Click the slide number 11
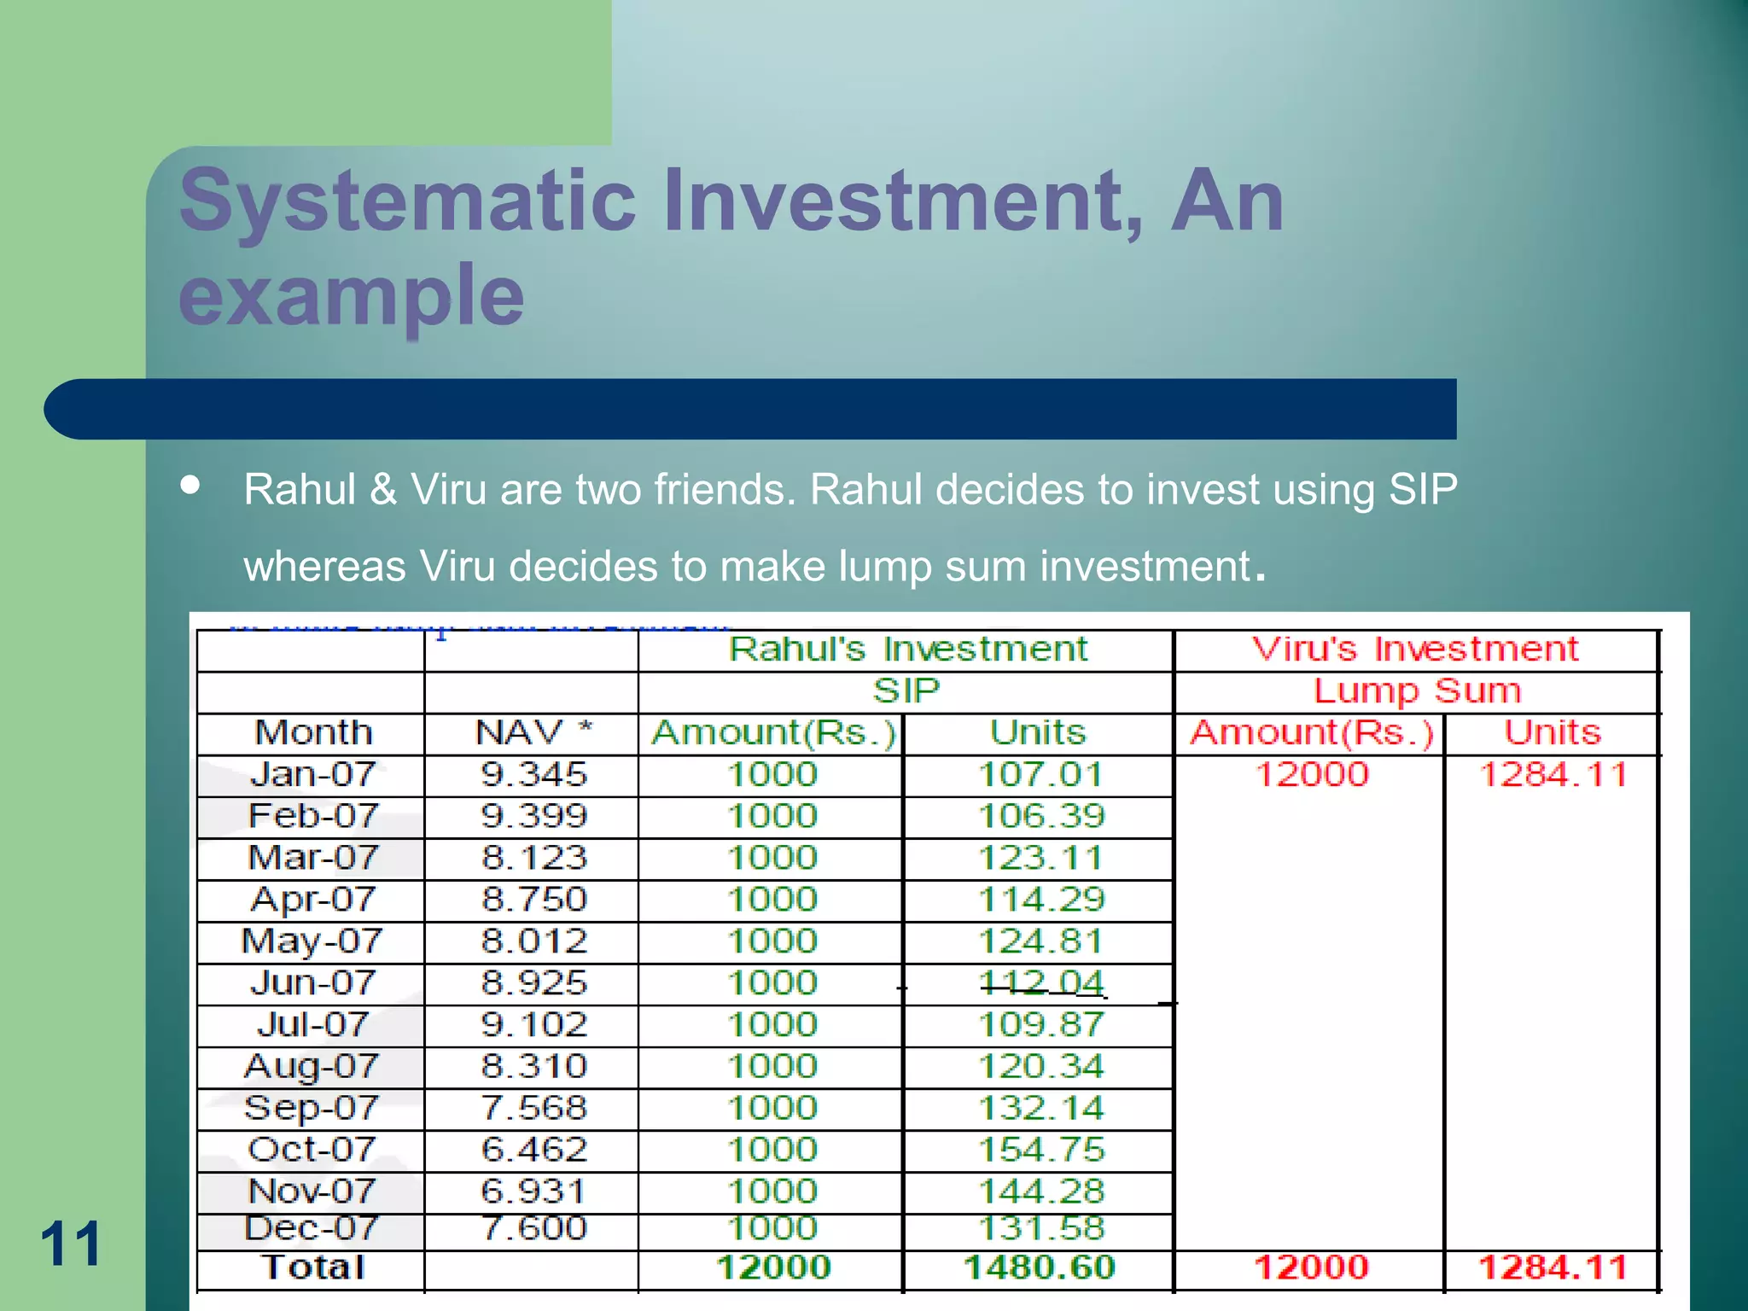(71, 1244)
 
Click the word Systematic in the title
(408, 201)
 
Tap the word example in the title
(352, 295)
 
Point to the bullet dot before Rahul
(190, 486)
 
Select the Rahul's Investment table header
(907, 650)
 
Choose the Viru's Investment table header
(1415, 650)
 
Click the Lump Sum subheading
(1417, 690)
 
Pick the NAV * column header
(533, 732)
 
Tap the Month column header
(313, 732)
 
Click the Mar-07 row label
(312, 858)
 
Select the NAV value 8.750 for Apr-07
(534, 900)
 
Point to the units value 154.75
(1040, 1150)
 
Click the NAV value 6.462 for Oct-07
(534, 1150)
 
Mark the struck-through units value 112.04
(1040, 983)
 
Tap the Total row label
(313, 1267)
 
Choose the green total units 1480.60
(1039, 1267)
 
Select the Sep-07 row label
(312, 1108)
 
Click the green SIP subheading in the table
(906, 690)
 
